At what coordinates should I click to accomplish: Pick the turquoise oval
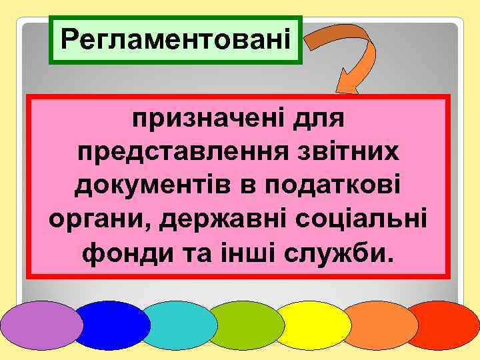pyautogui.click(x=179, y=325)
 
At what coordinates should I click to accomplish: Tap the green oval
pyautogui.click(x=245, y=325)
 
